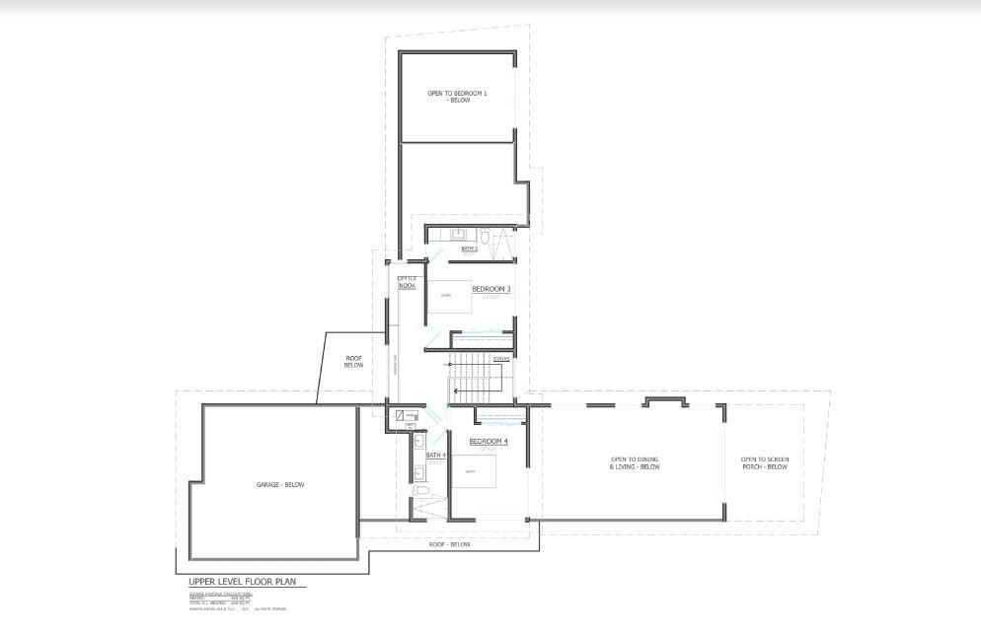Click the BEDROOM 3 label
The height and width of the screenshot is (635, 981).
[490, 289]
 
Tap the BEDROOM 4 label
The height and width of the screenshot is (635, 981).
[488, 441]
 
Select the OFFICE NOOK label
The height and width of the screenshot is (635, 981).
[407, 282]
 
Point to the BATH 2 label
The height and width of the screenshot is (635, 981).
[469, 249]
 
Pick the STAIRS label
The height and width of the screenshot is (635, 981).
[500, 358]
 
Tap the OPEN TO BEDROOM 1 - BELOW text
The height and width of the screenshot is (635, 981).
[457, 97]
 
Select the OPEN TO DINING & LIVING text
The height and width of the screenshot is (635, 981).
[635, 463]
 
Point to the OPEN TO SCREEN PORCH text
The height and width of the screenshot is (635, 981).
[765, 463]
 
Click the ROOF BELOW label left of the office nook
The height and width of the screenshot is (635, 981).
[353, 361]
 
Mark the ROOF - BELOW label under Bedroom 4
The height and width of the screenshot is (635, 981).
[450, 544]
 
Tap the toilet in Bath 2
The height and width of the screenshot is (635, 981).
[486, 236]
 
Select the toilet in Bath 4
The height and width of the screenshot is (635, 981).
[418, 490]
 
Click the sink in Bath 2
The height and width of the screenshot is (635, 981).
[458, 235]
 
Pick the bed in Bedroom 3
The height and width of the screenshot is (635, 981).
[449, 296]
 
